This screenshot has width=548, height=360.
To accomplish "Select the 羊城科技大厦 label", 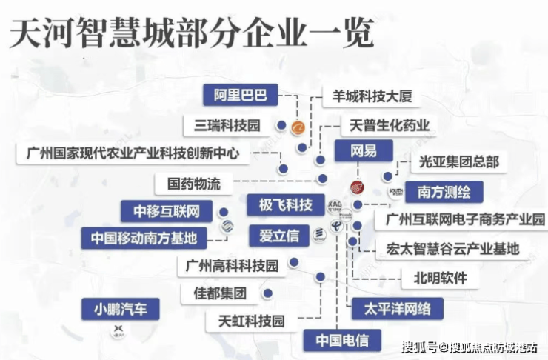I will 372,97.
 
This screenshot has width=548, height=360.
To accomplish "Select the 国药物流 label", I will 193,182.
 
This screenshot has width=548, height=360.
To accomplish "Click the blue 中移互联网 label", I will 167,211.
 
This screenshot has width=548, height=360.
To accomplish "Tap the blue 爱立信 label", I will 278,236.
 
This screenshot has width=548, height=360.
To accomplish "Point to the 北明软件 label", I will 440,279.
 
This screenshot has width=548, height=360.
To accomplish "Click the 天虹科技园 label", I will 251,321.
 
